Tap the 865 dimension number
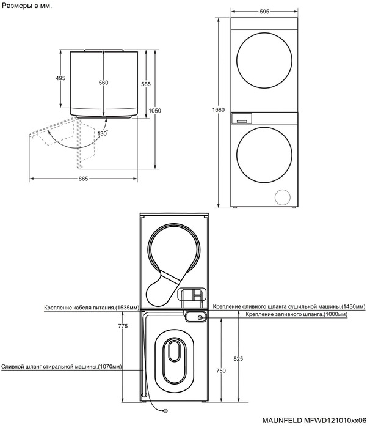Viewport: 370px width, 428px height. [83, 179]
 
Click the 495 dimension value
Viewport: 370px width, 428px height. [60, 78]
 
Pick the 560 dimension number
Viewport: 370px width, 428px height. [103, 82]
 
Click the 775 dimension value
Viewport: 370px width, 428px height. [123, 327]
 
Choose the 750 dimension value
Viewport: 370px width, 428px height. [220, 371]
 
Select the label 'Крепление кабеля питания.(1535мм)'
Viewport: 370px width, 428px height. [92, 307]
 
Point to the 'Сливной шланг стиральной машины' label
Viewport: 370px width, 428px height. [61, 367]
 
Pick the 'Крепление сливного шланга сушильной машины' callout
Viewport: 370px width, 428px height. [289, 306]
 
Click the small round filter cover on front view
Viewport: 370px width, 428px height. [283, 197]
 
